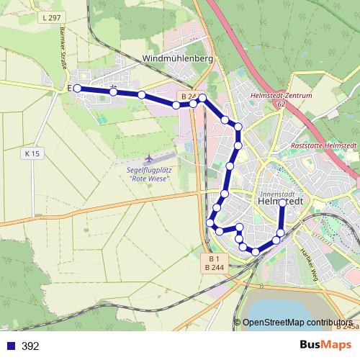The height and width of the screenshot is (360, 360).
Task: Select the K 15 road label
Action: [31, 153]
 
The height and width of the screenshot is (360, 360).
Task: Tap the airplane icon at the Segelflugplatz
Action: [149, 157]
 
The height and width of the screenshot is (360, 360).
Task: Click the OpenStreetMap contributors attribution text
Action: [297, 323]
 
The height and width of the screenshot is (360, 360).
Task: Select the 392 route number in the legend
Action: [31, 346]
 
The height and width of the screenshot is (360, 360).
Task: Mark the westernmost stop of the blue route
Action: [77, 89]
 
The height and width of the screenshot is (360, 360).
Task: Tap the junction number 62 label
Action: [281, 104]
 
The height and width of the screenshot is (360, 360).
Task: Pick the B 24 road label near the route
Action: [188, 96]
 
